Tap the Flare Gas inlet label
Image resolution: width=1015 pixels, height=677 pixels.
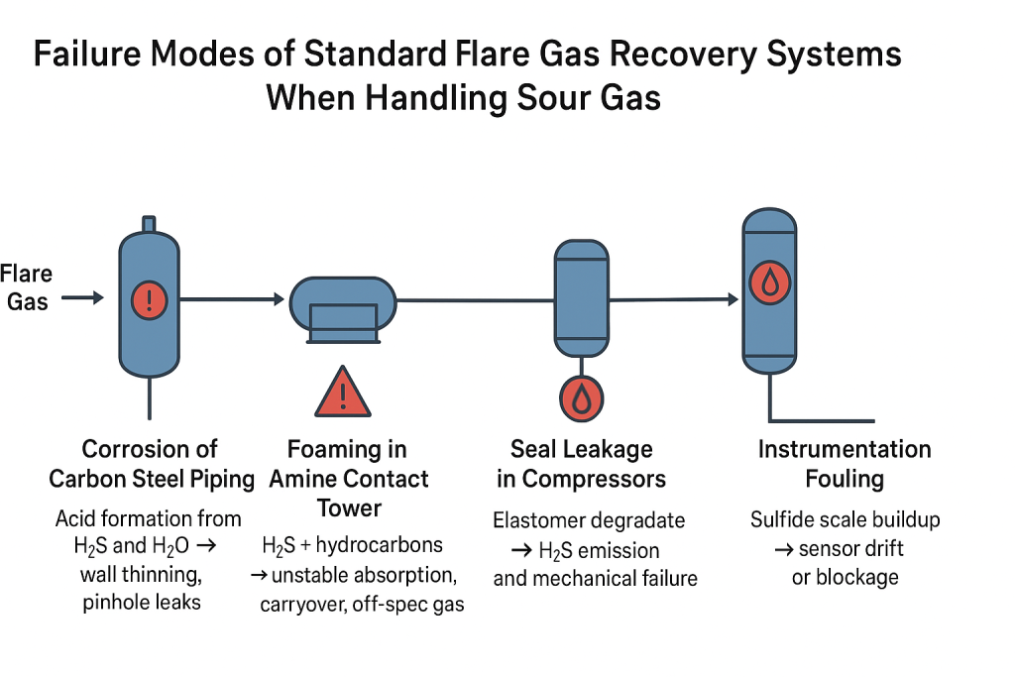(27, 286)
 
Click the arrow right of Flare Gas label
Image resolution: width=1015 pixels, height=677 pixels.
(83, 297)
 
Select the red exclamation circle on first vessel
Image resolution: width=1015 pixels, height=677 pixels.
(149, 297)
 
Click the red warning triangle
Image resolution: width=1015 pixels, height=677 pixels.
(343, 392)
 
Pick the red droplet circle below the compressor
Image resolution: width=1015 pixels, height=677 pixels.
(580, 398)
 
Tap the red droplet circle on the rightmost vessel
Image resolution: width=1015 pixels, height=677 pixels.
(770, 282)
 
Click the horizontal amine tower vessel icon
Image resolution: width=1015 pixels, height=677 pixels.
(342, 309)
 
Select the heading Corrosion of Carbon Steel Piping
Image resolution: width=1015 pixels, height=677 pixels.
(151, 464)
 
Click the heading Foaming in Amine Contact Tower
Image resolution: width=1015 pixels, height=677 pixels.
(348, 479)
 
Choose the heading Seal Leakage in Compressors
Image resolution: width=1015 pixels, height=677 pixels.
(581, 464)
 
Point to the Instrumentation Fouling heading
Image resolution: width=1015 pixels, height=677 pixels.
(845, 464)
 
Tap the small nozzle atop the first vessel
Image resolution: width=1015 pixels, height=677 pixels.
(149, 225)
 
